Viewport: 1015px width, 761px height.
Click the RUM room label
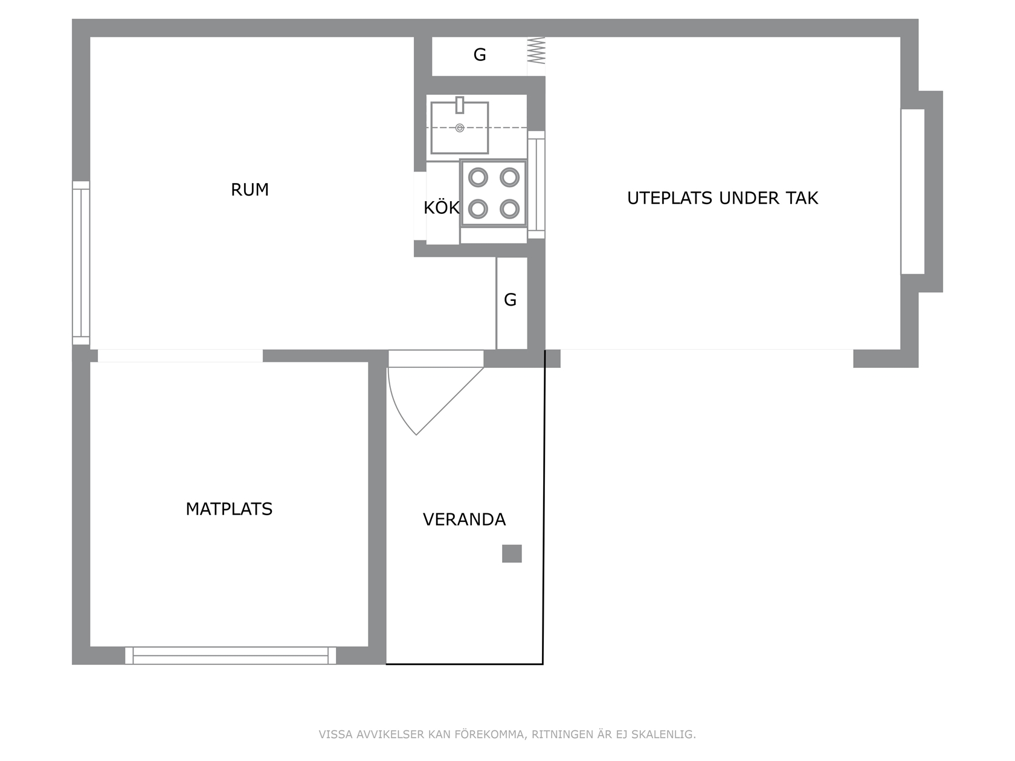tap(250, 190)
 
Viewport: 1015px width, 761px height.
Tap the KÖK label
tap(442, 207)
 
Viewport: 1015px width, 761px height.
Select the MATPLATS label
tap(229, 509)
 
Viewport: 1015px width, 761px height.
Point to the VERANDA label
tap(464, 519)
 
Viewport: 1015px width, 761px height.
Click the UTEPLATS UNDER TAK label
tap(723, 197)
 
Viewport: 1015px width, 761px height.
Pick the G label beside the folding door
tap(480, 54)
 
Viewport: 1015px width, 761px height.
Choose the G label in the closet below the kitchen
tap(510, 300)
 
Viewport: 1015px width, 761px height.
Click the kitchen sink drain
tap(460, 127)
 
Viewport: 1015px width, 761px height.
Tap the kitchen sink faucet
tap(460, 105)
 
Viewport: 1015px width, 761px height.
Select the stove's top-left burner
tap(478, 178)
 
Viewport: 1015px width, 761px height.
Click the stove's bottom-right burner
tap(509, 209)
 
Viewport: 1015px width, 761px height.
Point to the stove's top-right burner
tap(509, 178)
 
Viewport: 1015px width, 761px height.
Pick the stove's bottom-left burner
tap(478, 209)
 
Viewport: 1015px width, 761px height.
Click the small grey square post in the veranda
tap(512, 554)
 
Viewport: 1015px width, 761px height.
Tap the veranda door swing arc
tap(396, 406)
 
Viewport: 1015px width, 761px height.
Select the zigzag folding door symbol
tap(536, 50)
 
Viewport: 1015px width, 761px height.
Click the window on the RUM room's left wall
tap(81, 263)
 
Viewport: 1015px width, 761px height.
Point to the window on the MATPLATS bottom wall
tap(230, 655)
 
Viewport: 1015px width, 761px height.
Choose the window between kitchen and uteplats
tap(536, 185)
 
